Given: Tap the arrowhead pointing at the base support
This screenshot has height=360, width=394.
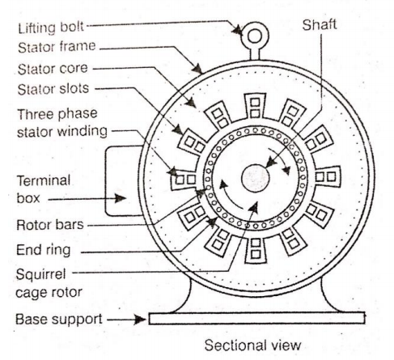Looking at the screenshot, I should click(140, 319).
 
